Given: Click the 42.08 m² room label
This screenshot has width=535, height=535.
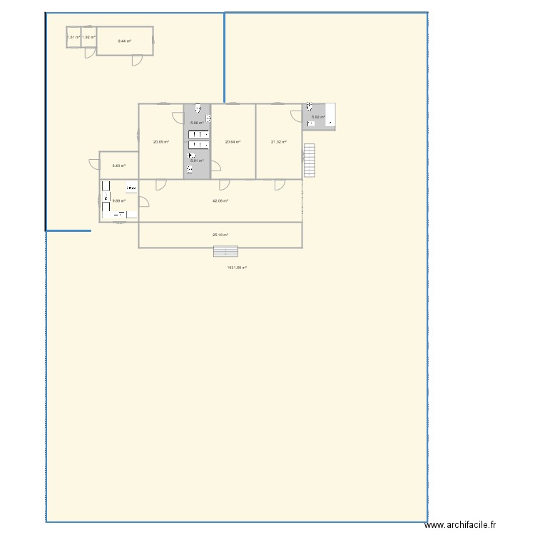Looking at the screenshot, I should click(x=220, y=200).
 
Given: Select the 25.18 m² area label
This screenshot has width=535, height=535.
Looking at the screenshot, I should click(x=220, y=234).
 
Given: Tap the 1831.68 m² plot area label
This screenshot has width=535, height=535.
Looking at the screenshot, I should click(x=237, y=267).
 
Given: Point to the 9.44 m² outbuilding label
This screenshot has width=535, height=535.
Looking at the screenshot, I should click(x=124, y=41).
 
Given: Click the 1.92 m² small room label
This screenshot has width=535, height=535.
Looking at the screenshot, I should click(x=88, y=37).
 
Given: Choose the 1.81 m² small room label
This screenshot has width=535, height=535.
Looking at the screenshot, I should click(x=73, y=37).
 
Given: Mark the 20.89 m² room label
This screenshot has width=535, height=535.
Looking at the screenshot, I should click(x=160, y=142).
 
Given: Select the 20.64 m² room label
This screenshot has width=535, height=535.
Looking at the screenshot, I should click(x=233, y=142).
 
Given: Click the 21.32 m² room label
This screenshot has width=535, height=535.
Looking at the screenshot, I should click(x=278, y=142).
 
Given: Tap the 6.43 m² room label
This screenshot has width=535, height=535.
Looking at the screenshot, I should click(x=118, y=165).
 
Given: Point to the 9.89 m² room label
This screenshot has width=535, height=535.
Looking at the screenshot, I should click(x=118, y=200).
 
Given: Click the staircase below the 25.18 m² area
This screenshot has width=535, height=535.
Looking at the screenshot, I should click(x=225, y=252).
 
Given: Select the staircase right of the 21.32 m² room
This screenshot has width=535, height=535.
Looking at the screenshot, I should click(x=309, y=160).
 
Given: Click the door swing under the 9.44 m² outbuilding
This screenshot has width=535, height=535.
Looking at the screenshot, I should click(x=136, y=60).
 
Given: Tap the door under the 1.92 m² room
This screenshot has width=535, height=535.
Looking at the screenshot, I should click(x=89, y=51).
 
